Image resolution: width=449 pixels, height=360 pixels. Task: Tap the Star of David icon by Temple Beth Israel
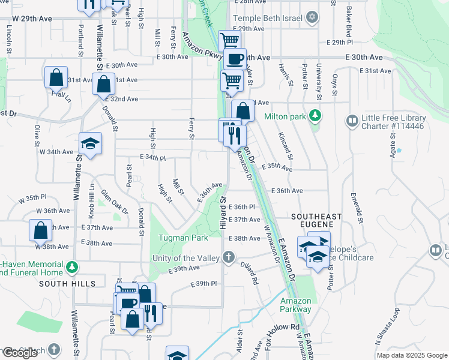pos(312,16)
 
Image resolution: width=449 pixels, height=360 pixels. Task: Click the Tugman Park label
pos(183,238)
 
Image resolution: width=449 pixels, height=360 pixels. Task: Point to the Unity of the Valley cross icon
pos(228,257)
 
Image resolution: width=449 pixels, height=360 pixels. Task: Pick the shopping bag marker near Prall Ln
pos(56,77)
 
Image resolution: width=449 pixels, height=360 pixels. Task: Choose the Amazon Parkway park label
pos(295,305)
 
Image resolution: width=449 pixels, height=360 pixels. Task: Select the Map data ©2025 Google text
pos(411,355)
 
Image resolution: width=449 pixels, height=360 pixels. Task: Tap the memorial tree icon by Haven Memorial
pos(72,265)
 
